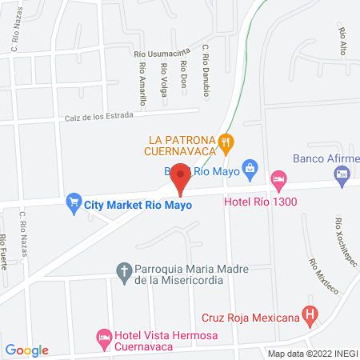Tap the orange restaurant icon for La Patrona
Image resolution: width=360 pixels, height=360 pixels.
[227, 144]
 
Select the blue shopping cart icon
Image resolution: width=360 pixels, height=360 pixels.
[74, 202]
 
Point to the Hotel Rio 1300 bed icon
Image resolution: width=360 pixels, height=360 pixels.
[278, 178]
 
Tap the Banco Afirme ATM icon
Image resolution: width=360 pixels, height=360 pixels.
[342, 174]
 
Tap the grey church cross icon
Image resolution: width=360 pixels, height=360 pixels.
[124, 273]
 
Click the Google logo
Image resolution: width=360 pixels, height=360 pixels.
[27, 350]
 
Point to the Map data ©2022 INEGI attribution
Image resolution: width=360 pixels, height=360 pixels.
[312, 353]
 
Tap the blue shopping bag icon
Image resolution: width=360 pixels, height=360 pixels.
[250, 167]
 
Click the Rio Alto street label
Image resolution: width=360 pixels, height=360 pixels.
[344, 42]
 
